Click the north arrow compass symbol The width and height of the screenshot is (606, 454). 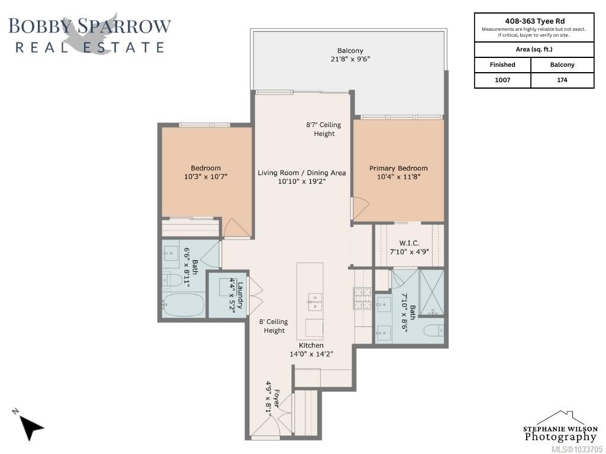click(30, 427)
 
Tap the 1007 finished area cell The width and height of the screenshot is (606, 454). click(502, 80)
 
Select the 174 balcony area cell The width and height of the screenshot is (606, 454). click(562, 80)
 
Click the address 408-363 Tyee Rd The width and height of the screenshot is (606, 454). click(534, 21)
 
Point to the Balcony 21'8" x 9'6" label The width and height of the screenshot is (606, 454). click(350, 55)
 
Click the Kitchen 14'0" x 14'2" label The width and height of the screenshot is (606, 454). click(311, 349)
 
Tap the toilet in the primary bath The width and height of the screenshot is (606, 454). click(433, 331)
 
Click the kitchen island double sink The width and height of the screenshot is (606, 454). click(315, 301)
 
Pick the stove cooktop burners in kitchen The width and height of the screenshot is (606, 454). click(362, 299)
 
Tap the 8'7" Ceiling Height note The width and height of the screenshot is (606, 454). click(324, 129)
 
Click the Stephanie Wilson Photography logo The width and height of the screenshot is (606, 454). click(560, 427)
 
